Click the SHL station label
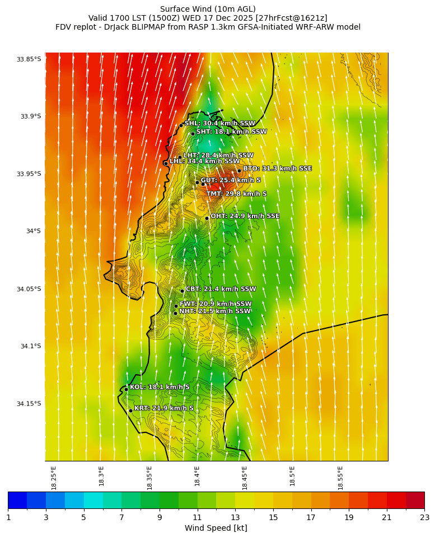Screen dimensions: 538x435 219,124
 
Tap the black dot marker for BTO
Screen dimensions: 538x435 239,171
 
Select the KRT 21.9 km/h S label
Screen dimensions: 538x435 163,408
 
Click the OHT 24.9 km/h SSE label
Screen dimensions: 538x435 245,216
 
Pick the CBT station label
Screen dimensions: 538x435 221,289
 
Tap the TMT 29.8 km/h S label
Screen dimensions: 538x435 236,194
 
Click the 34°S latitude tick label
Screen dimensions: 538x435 32,231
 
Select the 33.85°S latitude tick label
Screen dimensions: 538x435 29,59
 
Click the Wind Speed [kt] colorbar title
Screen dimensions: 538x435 216,528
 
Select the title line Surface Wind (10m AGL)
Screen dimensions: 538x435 208,9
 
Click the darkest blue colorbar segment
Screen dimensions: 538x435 17,500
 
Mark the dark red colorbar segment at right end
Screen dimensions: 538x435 415,500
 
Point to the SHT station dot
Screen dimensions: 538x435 193,134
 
